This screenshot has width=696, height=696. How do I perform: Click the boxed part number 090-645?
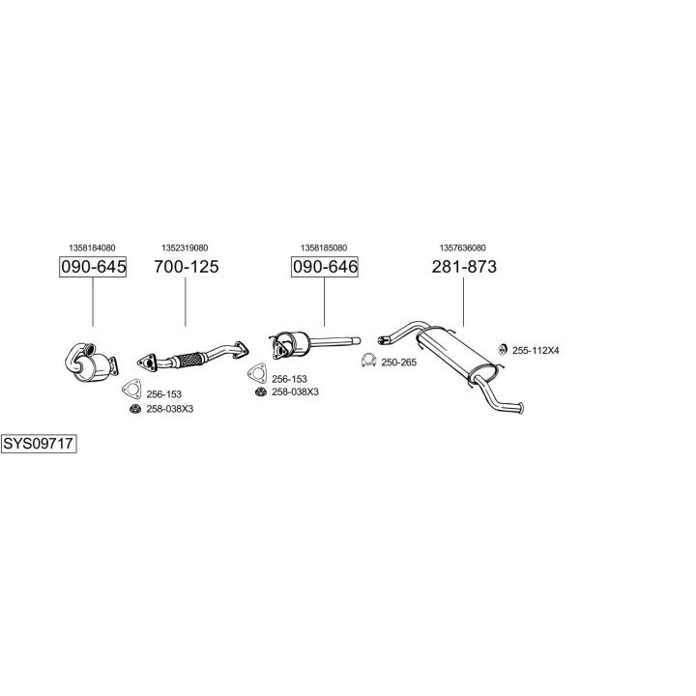click(93, 266)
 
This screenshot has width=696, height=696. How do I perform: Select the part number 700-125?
click(187, 266)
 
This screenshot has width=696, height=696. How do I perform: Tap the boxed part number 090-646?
click(325, 266)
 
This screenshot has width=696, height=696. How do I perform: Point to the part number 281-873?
click(464, 266)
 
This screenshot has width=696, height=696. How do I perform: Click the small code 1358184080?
click(93, 247)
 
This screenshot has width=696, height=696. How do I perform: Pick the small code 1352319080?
click(185, 247)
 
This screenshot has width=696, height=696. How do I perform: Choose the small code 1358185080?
click(324, 247)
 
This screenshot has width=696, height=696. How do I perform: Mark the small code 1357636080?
click(463, 247)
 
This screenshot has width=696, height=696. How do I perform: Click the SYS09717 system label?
click(39, 445)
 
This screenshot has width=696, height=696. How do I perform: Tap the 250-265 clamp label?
click(399, 362)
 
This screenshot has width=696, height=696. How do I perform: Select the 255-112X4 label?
click(535, 350)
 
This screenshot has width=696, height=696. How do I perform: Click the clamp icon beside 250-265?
click(368, 362)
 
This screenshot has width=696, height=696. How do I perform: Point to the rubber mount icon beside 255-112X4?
click(502, 349)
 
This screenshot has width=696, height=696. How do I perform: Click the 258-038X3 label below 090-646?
click(295, 391)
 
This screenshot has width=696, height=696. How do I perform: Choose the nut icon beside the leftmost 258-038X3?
click(134, 410)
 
